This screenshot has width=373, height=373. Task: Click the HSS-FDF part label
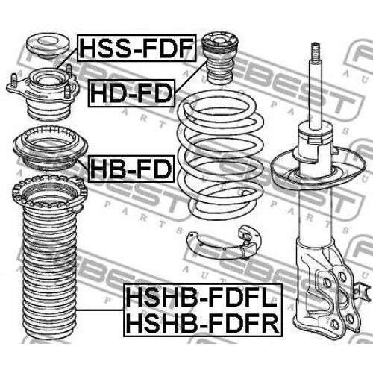click(x=137, y=48)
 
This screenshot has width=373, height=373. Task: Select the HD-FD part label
click(x=131, y=93)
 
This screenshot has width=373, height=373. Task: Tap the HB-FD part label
click(x=131, y=169)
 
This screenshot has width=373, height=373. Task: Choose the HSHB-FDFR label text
click(x=203, y=323)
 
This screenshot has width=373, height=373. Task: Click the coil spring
click(x=221, y=154)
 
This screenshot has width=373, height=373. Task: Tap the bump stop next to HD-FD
click(x=219, y=59)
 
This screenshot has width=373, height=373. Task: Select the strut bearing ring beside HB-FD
click(x=50, y=148)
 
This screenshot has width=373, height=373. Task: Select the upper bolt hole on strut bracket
click(x=342, y=275)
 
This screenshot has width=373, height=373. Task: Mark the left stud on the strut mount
click(x=14, y=80)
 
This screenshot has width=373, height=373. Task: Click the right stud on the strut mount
click(x=69, y=71)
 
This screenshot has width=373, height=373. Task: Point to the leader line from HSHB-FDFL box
click(x=100, y=310)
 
